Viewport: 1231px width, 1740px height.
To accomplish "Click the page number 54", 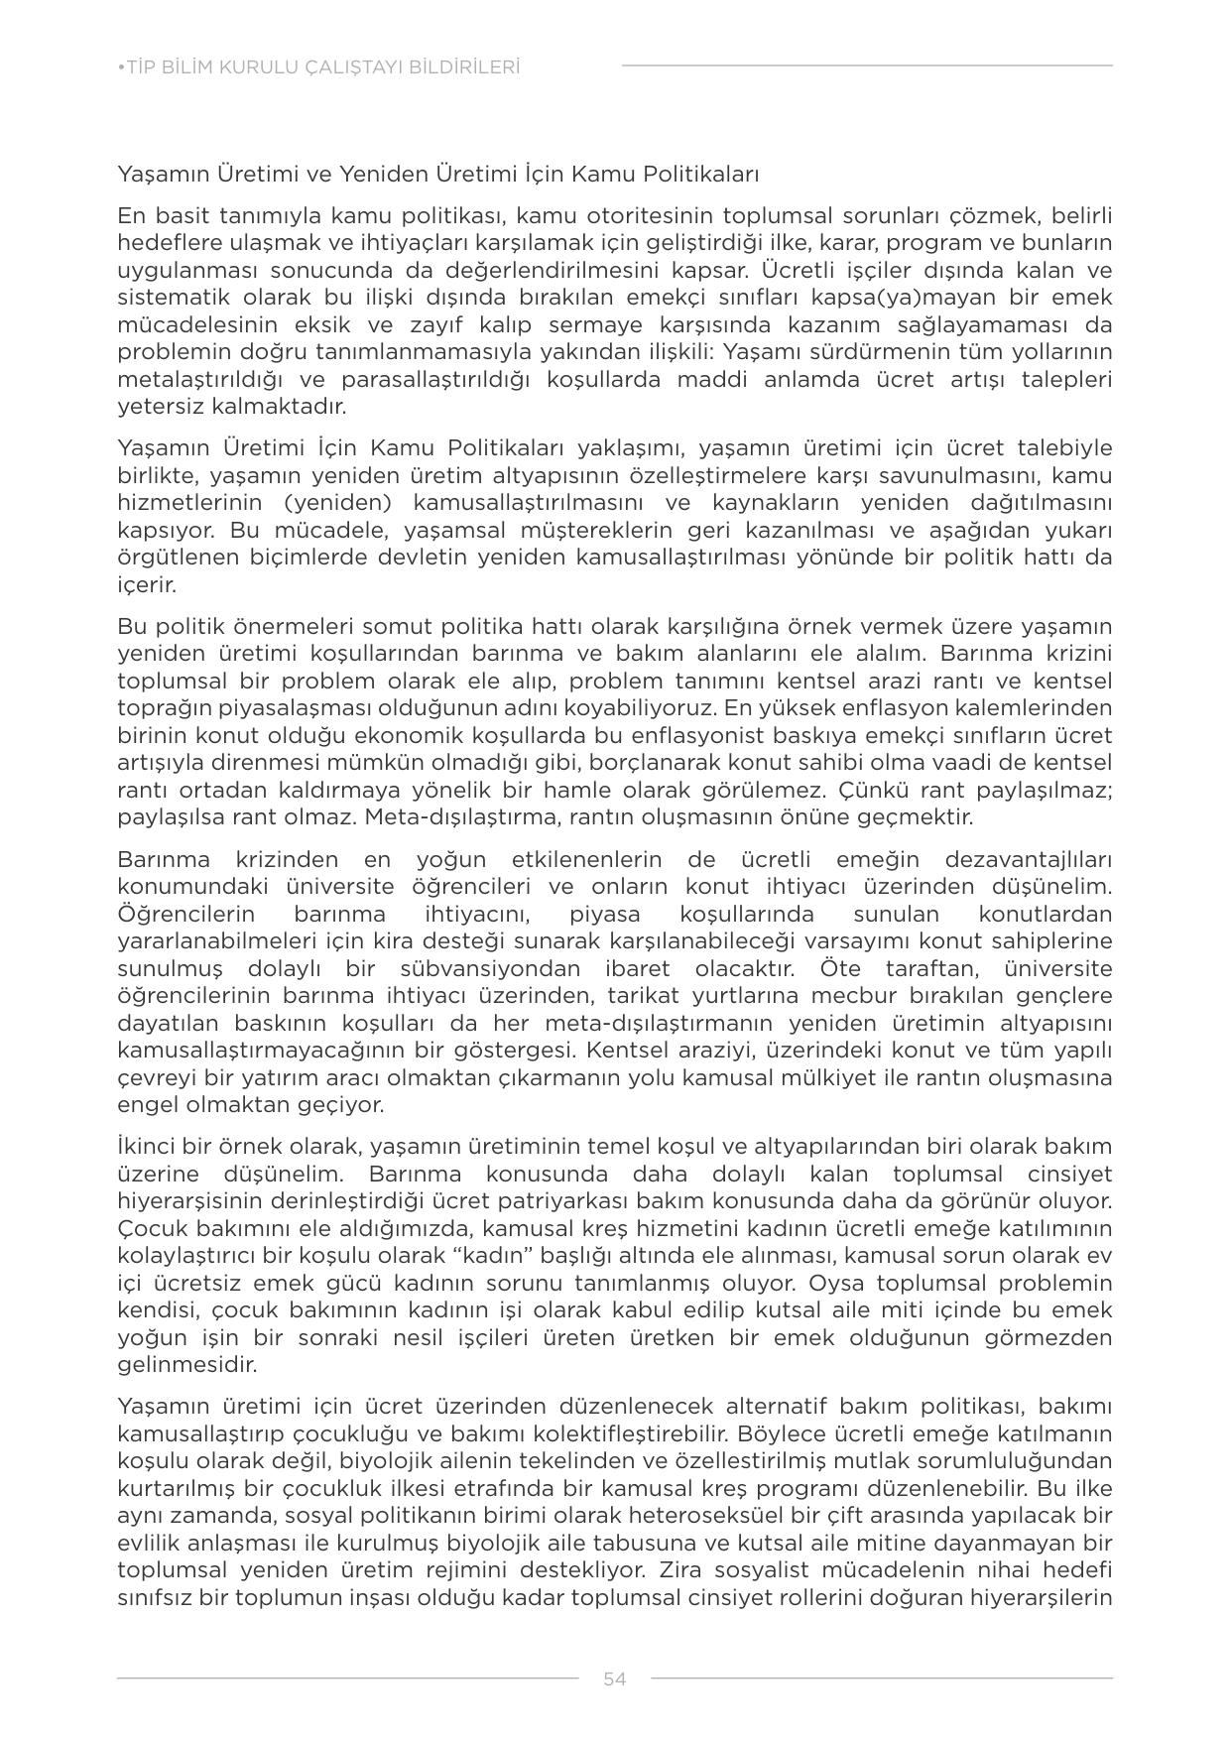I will (x=614, y=1678).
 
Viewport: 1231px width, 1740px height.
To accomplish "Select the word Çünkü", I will (x=863, y=790).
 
